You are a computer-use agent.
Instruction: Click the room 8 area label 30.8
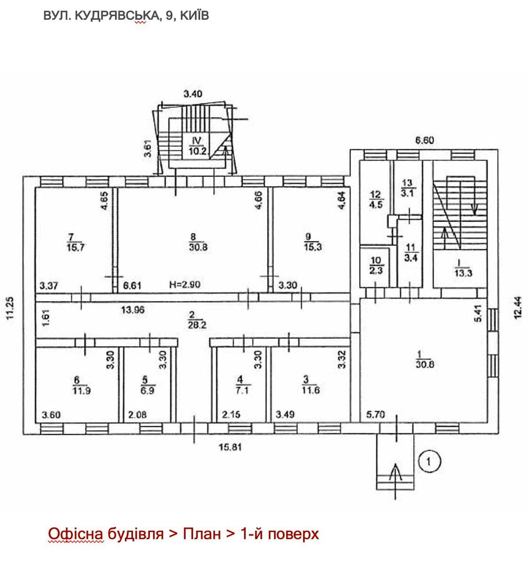tap(198, 242)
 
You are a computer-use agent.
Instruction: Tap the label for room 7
tap(76, 242)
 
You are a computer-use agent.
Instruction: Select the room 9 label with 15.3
tap(313, 242)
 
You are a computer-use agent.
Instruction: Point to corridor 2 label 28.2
tap(197, 320)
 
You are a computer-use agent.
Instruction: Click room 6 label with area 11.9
tap(81, 386)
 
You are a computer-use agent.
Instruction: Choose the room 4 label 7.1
tap(242, 385)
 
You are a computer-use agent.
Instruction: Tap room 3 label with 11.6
tap(311, 385)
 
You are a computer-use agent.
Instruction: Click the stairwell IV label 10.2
tap(197, 145)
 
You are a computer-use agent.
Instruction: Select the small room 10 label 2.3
tap(376, 266)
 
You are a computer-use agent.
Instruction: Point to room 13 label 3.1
tap(408, 188)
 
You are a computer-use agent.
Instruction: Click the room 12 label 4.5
tap(376, 200)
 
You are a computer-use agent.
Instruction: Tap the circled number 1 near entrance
tap(429, 461)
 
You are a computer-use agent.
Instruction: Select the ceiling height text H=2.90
tap(184, 285)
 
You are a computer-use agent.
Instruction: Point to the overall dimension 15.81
tap(230, 447)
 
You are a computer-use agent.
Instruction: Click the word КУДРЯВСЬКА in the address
tap(116, 16)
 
